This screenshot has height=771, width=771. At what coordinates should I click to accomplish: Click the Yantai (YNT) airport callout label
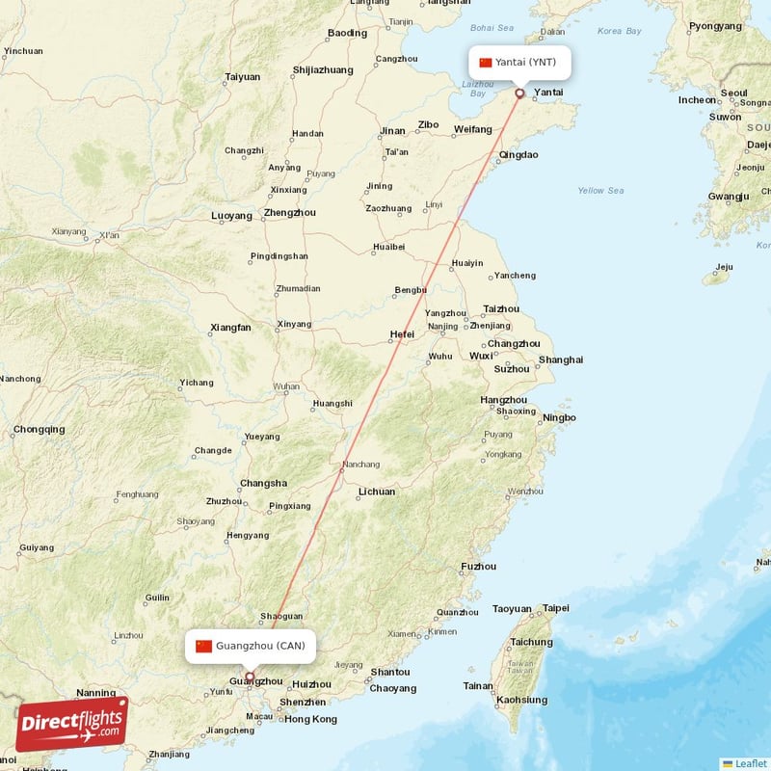(519, 63)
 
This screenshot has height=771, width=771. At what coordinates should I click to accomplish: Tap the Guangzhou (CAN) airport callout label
(251, 646)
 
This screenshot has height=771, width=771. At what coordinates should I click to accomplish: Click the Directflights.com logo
(71, 724)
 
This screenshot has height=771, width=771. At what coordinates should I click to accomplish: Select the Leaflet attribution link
(744, 763)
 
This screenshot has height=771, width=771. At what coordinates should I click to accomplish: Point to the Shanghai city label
(561, 359)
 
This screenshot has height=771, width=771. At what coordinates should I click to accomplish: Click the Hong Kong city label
(310, 719)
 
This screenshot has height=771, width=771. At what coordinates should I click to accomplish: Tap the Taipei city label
(556, 608)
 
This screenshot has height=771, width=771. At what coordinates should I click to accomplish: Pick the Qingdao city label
(518, 154)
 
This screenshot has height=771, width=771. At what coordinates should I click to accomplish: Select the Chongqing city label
(40, 429)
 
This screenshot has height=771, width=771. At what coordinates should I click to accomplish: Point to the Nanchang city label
(360, 465)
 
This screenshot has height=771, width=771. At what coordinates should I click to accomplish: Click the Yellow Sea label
(599, 191)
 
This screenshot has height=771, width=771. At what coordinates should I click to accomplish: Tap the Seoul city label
(733, 93)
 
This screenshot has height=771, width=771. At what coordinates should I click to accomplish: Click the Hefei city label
(402, 334)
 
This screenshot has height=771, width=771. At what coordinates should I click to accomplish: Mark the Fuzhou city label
(479, 566)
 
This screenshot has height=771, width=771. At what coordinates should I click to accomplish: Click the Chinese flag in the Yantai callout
(486, 63)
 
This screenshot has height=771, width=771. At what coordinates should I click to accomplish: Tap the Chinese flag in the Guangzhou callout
(203, 646)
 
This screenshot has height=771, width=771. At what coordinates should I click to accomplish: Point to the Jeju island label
(723, 267)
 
